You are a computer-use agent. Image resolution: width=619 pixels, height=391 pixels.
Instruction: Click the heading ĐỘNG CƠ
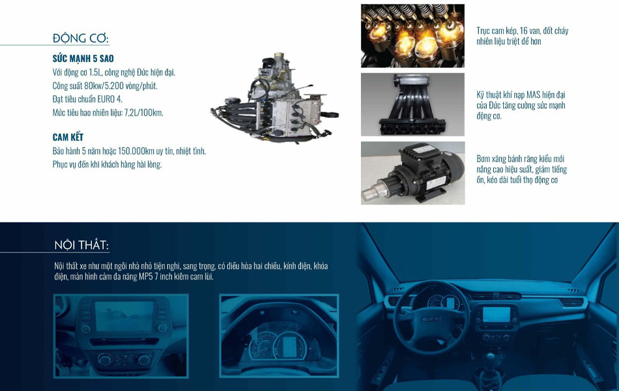tap(81, 38)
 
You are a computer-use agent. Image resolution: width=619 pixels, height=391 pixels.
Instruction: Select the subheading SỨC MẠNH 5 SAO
tap(83, 59)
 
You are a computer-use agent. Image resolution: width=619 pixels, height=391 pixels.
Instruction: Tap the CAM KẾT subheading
tap(68, 137)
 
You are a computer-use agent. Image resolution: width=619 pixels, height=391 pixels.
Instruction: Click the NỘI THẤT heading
tap(81, 245)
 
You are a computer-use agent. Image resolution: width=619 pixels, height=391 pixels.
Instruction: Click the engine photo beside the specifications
tap(275, 96)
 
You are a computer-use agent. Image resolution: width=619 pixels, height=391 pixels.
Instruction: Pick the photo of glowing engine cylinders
tap(412, 36)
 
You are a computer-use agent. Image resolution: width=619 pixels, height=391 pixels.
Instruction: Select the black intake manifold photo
tap(412, 105)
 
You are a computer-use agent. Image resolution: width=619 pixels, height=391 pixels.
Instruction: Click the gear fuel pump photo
tap(412, 173)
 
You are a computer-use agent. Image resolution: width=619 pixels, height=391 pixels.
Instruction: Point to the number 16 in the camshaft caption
tap(523, 31)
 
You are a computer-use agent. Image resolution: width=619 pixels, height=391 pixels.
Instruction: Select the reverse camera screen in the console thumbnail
tap(124, 316)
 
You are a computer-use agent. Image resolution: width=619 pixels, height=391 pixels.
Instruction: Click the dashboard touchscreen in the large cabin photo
tap(497, 315)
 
